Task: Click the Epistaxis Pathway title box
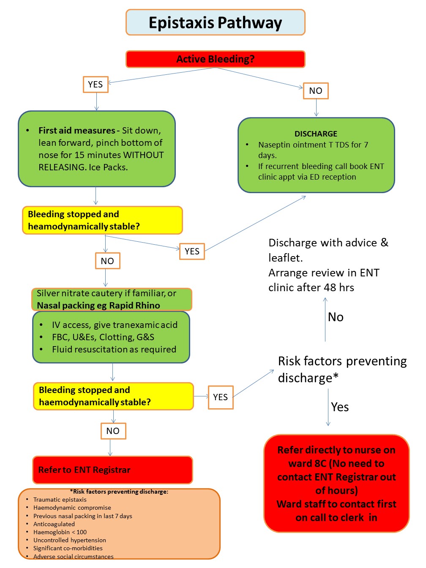(x=215, y=22)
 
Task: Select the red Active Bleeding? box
(x=215, y=59)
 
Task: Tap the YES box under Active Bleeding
(x=96, y=85)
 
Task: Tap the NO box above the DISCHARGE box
(x=316, y=91)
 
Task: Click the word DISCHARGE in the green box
(x=316, y=134)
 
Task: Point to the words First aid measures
(x=76, y=131)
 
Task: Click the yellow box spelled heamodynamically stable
(x=102, y=220)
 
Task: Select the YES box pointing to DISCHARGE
(x=192, y=251)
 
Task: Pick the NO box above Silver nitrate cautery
(x=107, y=261)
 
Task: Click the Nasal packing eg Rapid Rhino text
(x=98, y=306)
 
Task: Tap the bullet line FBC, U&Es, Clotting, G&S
(x=103, y=337)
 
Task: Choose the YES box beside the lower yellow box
(x=220, y=397)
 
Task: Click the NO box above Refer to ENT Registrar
(x=113, y=431)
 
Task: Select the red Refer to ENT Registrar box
(x=112, y=470)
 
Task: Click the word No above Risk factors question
(x=336, y=317)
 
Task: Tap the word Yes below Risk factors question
(x=340, y=407)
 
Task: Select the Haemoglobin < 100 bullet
(x=60, y=532)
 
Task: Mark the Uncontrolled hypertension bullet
(x=70, y=540)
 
